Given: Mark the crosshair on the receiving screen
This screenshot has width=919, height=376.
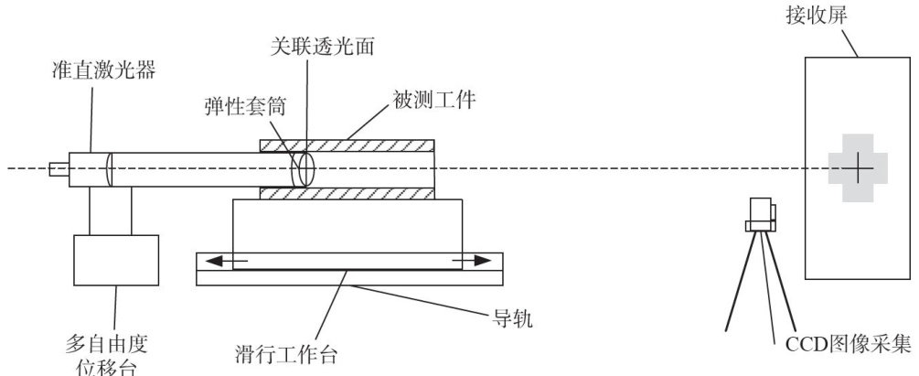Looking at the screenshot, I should (858, 168).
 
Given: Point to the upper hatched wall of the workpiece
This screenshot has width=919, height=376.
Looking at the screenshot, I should (348, 145).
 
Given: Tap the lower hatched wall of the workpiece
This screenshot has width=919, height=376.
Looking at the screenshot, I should (348, 193).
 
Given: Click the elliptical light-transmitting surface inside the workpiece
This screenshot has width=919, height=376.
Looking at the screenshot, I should (303, 168).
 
